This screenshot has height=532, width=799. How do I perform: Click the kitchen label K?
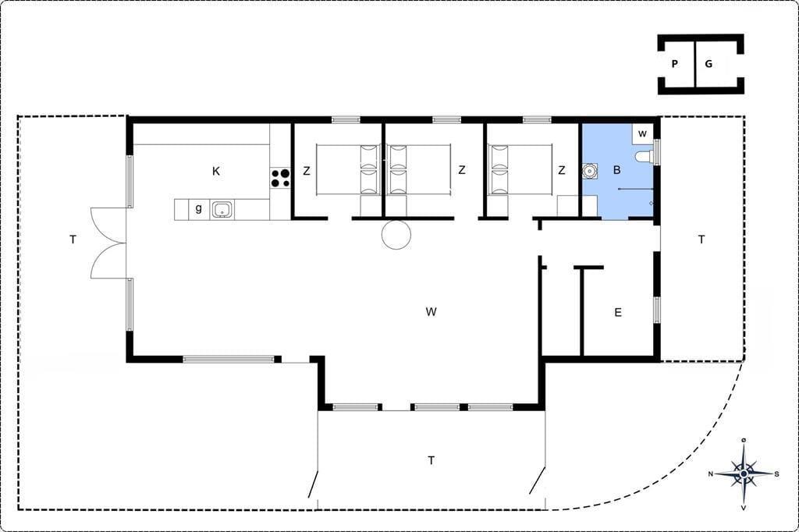[x=216, y=171]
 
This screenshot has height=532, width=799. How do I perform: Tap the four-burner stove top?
[x=280, y=179]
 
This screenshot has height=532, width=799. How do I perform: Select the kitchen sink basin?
[x=222, y=209]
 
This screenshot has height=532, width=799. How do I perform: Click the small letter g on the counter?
[x=199, y=208]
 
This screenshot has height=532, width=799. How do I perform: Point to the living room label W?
[x=431, y=311]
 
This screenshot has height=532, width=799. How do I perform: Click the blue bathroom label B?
[x=616, y=170]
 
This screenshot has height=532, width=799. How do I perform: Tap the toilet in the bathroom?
[x=644, y=156]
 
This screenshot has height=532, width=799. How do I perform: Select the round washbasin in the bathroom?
[x=590, y=171]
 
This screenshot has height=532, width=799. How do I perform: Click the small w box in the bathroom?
[x=643, y=133]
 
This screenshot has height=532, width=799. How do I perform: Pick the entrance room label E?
[x=618, y=312]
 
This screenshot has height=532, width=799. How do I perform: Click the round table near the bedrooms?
[x=396, y=234]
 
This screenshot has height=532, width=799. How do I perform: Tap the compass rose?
[x=744, y=474]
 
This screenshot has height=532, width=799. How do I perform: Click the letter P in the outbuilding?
[x=675, y=64]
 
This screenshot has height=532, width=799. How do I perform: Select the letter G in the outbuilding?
[x=708, y=64]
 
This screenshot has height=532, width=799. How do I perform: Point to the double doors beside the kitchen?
[x=108, y=243]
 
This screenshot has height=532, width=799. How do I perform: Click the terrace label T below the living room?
[x=431, y=461]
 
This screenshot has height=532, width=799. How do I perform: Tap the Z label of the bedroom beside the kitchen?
[x=306, y=171]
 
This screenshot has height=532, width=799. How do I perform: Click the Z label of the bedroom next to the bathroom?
[x=562, y=170]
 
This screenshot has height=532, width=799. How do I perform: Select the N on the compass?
[x=711, y=474]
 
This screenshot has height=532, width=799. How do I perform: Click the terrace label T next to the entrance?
[x=701, y=239]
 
